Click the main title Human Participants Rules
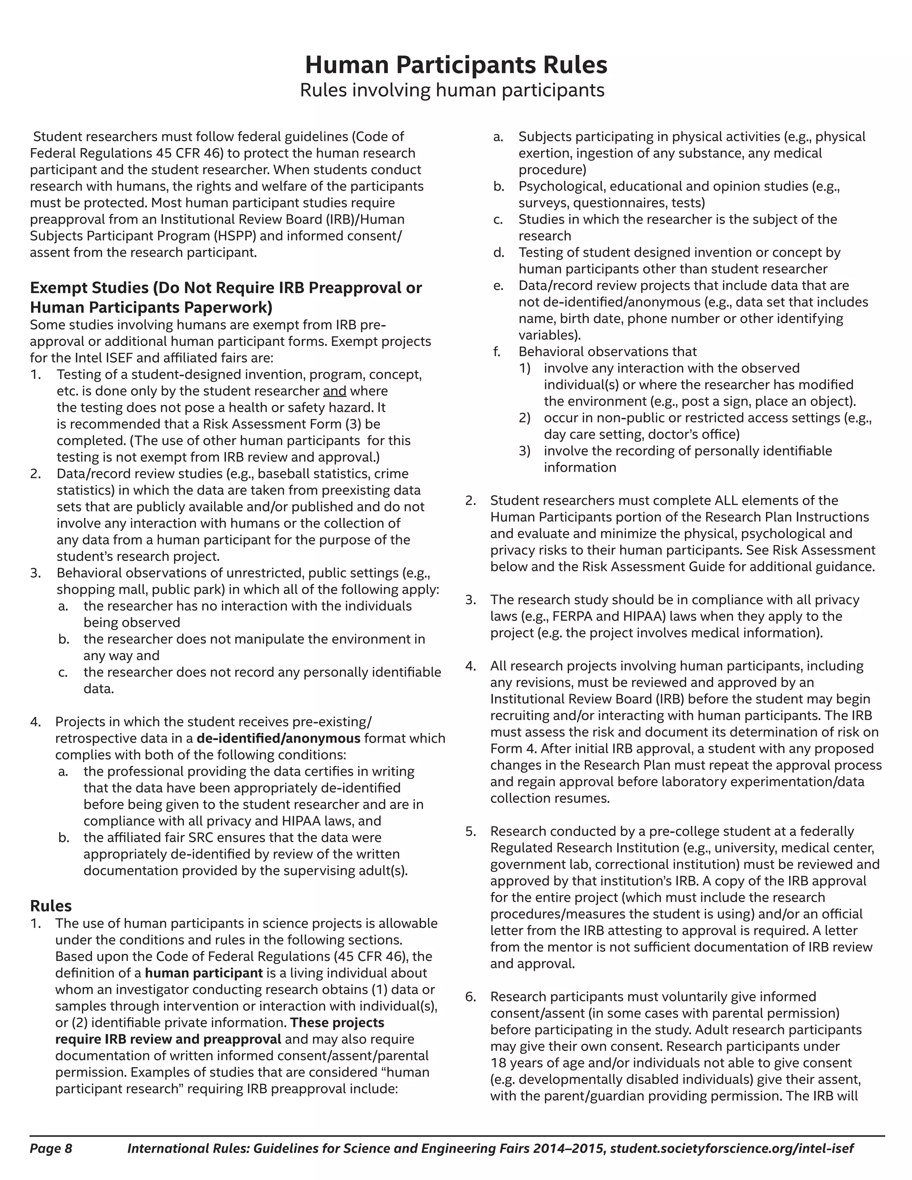pos(456,65)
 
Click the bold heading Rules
pos(51,906)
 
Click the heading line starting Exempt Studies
pos(226,288)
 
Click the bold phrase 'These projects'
pos(337,1022)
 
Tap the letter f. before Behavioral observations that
pos(497,351)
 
